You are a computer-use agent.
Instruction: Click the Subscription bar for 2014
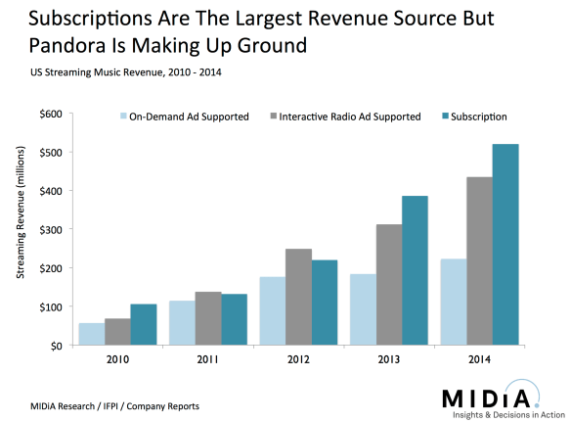click(505, 245)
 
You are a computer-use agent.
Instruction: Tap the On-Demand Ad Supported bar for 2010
click(91, 334)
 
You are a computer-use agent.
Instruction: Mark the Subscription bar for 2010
click(144, 324)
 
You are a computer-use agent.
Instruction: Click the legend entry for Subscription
click(478, 117)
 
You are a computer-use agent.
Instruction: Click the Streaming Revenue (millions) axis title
click(21, 229)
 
